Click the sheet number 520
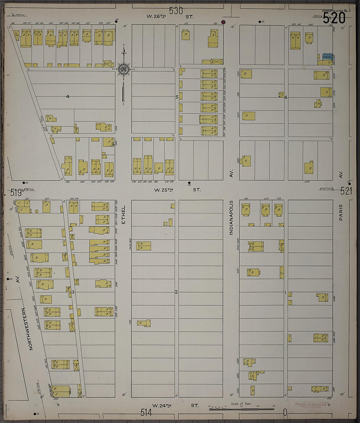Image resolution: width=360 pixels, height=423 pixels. click(334, 18)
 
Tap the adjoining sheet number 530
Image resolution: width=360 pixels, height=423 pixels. click(176, 11)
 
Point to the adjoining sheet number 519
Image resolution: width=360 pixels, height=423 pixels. click(16, 193)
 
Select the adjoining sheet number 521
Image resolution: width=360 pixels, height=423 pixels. click(346, 191)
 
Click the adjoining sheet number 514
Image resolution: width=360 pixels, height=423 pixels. click(146, 413)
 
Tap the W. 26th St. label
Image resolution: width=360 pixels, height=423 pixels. click(170, 16)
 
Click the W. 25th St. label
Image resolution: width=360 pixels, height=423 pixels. click(178, 190)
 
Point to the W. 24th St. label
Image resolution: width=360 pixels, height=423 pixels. click(176, 405)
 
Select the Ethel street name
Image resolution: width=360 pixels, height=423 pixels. click(123, 214)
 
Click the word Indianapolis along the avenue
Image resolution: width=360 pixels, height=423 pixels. click(231, 217)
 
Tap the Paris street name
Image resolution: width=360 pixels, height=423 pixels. click(341, 212)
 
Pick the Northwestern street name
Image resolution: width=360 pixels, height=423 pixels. click(27, 329)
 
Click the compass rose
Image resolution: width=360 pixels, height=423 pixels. click(124, 69)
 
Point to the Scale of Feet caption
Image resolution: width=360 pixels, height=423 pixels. click(241, 404)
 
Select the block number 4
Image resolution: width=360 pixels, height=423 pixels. click(68, 97)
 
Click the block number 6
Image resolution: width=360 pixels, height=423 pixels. click(286, 97)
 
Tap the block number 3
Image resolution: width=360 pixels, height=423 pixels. click(73, 292)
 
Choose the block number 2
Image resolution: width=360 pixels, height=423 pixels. click(176, 292)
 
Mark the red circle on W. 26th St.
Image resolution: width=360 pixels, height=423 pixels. click(224, 22)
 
